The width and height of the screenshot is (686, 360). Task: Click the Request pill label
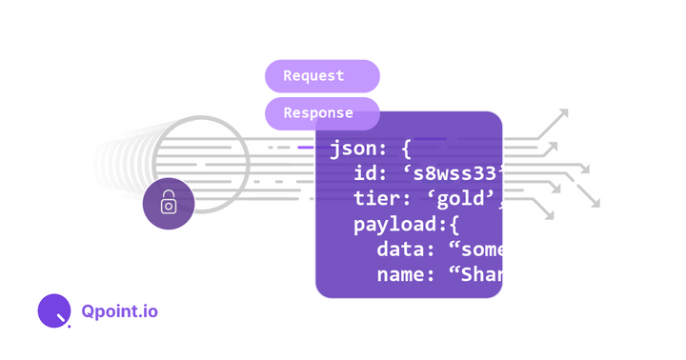(x=313, y=76)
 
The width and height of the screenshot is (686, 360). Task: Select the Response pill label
(x=318, y=113)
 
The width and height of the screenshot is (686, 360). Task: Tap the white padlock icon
(x=169, y=203)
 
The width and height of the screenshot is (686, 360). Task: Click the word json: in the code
(x=358, y=150)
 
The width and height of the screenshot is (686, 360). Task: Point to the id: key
(x=371, y=174)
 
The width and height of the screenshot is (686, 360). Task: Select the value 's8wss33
(x=451, y=174)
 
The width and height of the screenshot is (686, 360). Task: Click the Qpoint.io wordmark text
(x=120, y=311)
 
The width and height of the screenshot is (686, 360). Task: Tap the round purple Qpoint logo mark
(x=53, y=310)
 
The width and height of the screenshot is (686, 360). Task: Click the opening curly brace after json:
(x=406, y=150)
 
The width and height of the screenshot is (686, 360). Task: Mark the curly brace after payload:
(x=454, y=226)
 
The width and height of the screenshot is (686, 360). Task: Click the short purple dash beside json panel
(x=305, y=148)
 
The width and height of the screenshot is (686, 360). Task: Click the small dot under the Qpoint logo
(x=70, y=327)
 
